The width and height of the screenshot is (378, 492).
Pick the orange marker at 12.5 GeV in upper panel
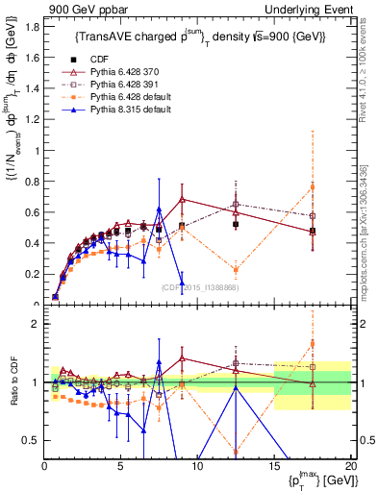(x=236, y=270)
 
